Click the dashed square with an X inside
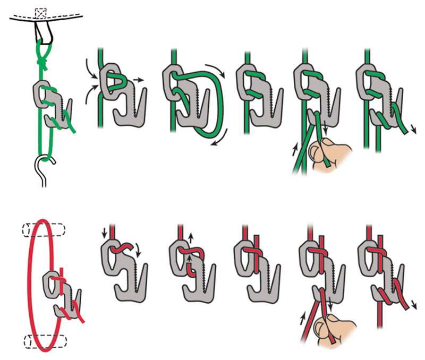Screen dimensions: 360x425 pyautogui.click(x=40, y=12)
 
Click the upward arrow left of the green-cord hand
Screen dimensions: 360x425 pyautogui.click(x=294, y=151)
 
